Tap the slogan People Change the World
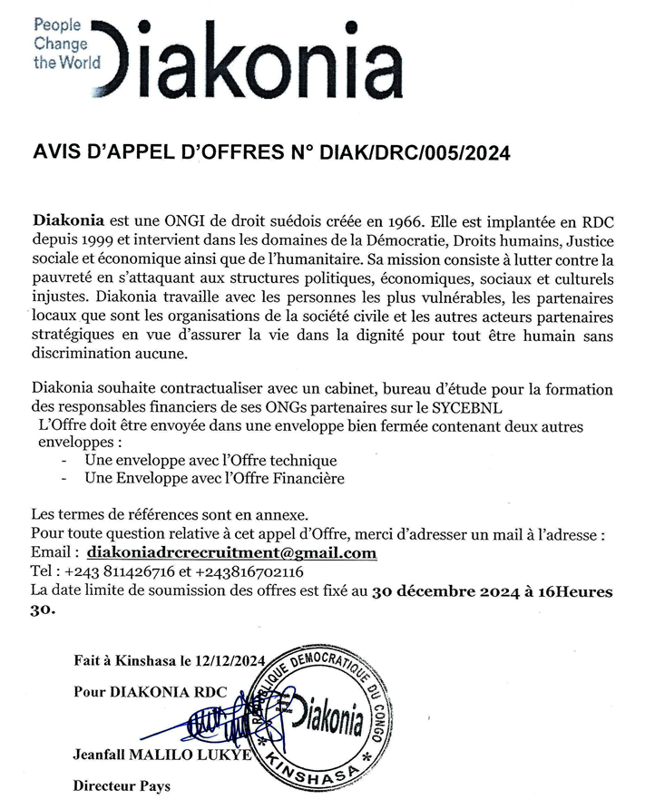(62, 44)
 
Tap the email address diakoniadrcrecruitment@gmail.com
(231, 553)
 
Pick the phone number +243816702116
(249, 572)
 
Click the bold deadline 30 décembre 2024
(451, 591)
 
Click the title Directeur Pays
(122, 785)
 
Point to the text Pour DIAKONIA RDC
(146, 691)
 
